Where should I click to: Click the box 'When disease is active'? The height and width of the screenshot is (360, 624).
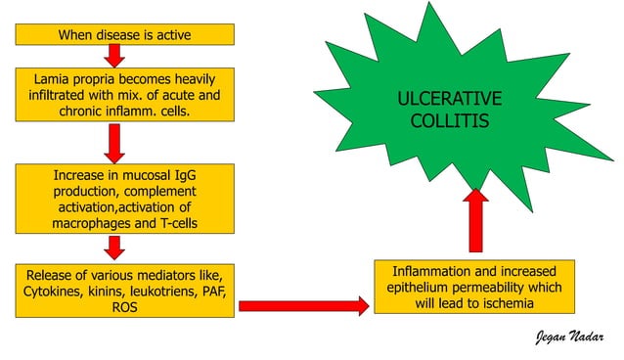pyautogui.click(x=125, y=35)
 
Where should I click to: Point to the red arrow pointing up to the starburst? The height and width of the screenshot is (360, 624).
pyautogui.click(x=476, y=222)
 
